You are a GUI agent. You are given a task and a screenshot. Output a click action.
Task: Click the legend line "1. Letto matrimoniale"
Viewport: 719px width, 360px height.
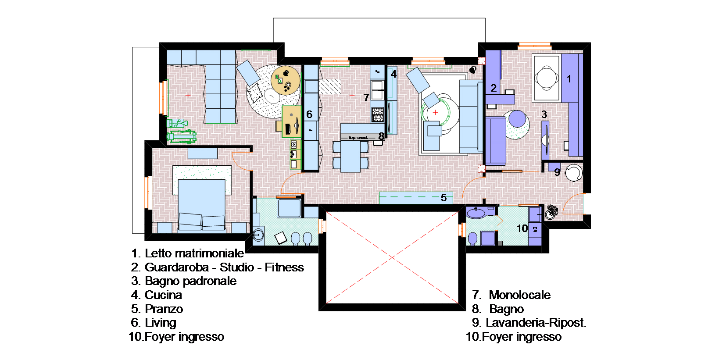click(187, 253)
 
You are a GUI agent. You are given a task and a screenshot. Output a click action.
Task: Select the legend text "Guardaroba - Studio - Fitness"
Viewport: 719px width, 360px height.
click(224, 267)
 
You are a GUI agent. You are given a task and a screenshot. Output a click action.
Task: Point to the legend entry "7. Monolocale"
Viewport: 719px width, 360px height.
click(511, 295)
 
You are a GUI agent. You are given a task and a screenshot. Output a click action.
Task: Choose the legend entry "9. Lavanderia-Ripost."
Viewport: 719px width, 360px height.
click(529, 322)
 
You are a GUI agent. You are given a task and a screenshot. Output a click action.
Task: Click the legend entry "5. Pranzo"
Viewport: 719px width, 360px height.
click(157, 309)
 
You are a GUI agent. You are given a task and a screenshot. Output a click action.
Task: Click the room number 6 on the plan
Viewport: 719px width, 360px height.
click(309, 114)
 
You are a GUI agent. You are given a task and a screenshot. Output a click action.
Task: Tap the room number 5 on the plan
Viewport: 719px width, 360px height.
click(444, 197)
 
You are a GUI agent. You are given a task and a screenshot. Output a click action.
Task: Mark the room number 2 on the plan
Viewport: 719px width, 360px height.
click(494, 88)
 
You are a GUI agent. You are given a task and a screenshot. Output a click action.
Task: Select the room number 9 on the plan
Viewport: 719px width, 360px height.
click(557, 172)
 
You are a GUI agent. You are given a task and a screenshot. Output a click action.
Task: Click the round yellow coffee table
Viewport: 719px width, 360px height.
click(285, 80)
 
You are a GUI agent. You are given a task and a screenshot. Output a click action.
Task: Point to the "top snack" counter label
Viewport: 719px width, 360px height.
click(358, 138)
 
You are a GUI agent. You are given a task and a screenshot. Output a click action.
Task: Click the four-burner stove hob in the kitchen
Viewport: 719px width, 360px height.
click(378, 115)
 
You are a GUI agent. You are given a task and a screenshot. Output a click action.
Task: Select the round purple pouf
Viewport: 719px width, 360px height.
click(517, 119)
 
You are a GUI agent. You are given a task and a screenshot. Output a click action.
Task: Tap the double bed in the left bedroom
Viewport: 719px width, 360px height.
click(202, 204)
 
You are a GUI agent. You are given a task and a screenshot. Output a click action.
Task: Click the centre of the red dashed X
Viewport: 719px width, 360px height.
click(392, 257)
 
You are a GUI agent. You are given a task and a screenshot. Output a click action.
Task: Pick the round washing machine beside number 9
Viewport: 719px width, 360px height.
click(574, 173)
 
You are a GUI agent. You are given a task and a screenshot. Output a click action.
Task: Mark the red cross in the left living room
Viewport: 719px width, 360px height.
click(188, 95)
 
